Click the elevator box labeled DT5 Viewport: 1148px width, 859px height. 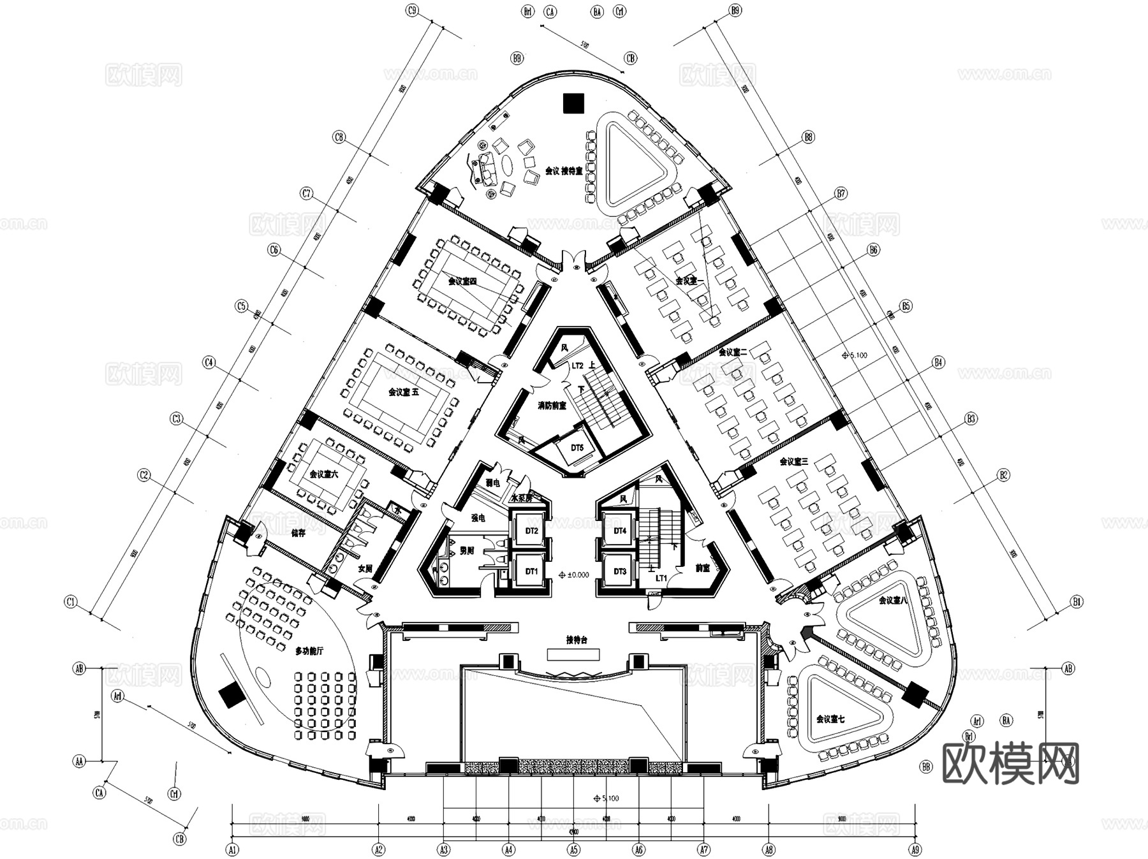click(x=577, y=448)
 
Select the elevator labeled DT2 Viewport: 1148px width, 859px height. click(x=531, y=531)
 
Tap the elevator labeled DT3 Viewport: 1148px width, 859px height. click(x=619, y=571)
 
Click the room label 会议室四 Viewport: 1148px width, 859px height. click(x=462, y=281)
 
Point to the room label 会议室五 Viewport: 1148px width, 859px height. click(x=404, y=392)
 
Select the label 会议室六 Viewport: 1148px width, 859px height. click(x=324, y=474)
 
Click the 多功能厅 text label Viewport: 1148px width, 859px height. click(x=309, y=651)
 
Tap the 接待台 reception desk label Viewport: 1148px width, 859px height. click(x=576, y=640)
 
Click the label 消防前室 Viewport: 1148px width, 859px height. click(x=552, y=406)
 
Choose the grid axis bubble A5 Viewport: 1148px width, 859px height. click(x=573, y=849)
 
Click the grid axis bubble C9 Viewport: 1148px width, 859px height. click(x=412, y=10)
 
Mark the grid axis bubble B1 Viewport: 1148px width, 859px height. click(x=1077, y=601)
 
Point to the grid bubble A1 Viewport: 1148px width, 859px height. click(x=232, y=849)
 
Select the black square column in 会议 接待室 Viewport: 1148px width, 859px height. click(x=573, y=103)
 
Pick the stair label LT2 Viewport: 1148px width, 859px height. click(x=577, y=366)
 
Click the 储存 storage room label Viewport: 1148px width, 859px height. click(x=298, y=533)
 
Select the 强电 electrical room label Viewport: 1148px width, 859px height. click(x=478, y=518)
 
